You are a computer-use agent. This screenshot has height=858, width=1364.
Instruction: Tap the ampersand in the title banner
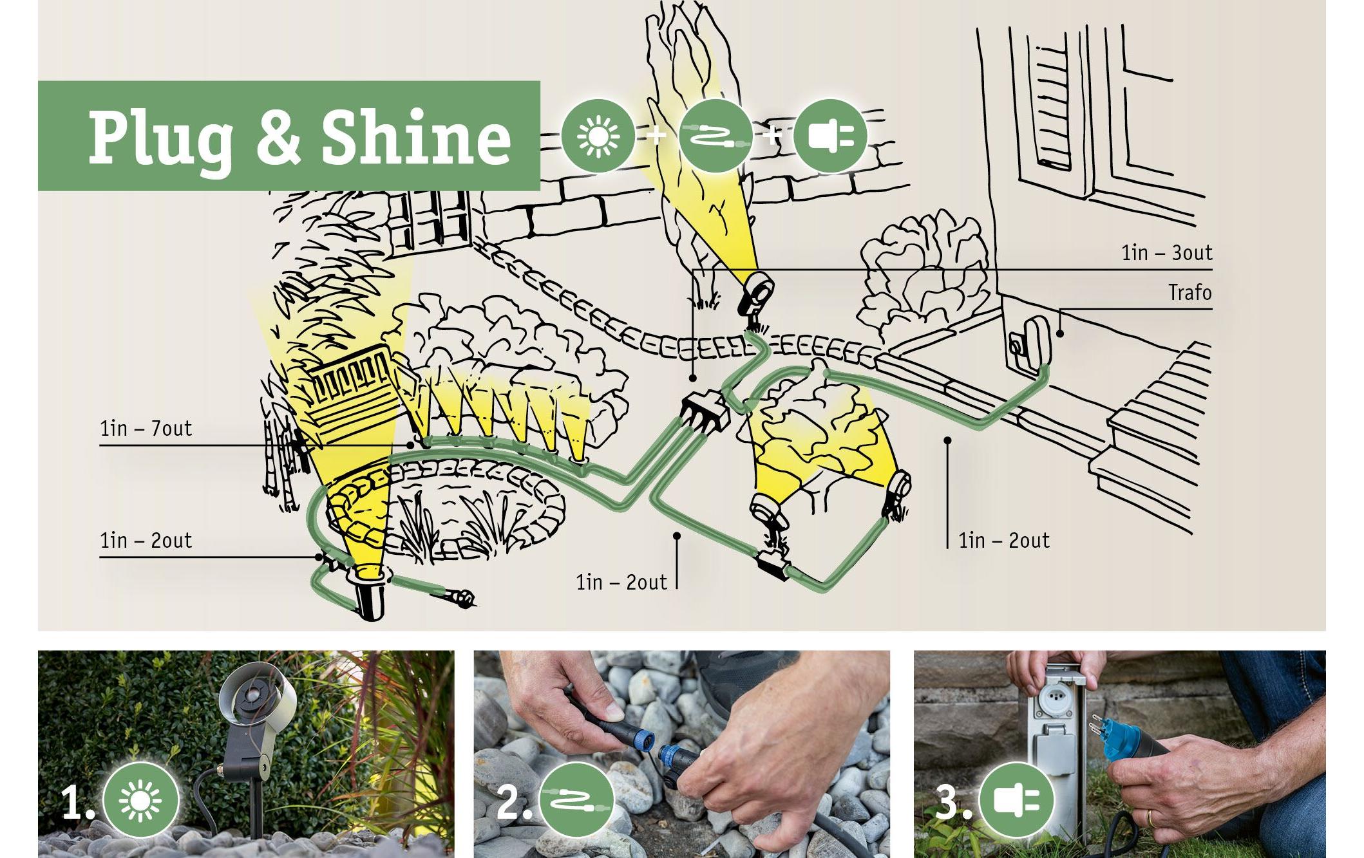[x=277, y=137]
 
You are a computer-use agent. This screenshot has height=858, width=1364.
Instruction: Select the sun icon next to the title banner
[x=598, y=135]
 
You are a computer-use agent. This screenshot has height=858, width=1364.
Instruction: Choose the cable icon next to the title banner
[x=715, y=135]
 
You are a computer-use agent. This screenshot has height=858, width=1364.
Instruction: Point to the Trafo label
[x=1190, y=293]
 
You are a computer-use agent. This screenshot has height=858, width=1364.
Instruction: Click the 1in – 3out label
[x=1167, y=253]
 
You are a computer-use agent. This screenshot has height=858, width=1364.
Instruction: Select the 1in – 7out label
[x=146, y=429]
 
